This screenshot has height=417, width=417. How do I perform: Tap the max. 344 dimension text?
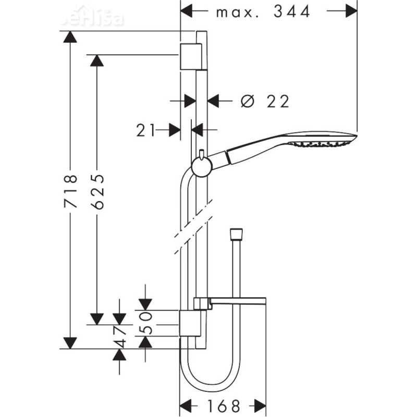(x=263, y=11)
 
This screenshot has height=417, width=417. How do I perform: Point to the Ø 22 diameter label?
(x=265, y=101)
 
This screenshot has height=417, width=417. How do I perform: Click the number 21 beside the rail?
(x=146, y=130)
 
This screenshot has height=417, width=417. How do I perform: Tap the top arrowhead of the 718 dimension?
(x=70, y=37)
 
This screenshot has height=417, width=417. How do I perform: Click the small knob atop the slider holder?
(x=200, y=154)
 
